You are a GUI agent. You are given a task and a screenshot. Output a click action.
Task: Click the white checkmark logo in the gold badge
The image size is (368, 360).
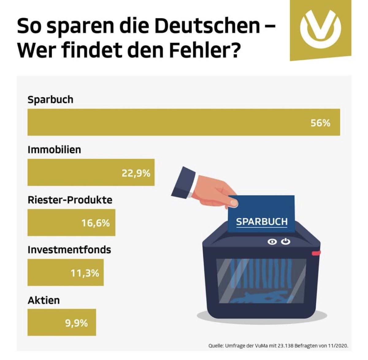[320, 28]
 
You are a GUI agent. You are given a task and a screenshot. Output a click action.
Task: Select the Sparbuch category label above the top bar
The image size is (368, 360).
[50, 100]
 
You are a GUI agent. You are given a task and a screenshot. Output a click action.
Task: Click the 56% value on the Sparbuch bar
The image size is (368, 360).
[320, 123]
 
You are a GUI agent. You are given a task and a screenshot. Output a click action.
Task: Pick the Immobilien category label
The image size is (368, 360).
[54, 150]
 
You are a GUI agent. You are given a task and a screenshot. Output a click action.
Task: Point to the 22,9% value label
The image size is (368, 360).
[136, 173]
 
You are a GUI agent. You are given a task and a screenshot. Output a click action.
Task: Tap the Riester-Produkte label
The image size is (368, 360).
[70, 200]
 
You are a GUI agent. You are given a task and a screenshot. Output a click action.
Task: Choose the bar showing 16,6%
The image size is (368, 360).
[71, 223]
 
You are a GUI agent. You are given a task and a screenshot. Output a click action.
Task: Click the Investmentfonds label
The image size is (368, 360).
[69, 250]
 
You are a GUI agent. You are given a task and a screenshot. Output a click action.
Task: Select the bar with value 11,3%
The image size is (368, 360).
[65, 273]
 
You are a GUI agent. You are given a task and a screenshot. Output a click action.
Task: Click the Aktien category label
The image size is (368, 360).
[44, 300]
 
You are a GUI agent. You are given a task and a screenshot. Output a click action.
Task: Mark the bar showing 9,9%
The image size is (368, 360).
[62, 323]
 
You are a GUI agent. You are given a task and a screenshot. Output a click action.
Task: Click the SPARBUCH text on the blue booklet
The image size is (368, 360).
[262, 222]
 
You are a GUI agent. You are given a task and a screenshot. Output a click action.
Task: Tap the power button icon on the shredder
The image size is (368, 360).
[286, 242]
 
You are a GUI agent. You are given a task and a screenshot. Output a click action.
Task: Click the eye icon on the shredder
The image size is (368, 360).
[272, 242]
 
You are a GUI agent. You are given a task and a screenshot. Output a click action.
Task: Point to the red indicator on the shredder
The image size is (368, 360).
[316, 253]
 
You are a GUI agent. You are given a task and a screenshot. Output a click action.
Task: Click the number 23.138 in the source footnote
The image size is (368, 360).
[286, 346]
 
